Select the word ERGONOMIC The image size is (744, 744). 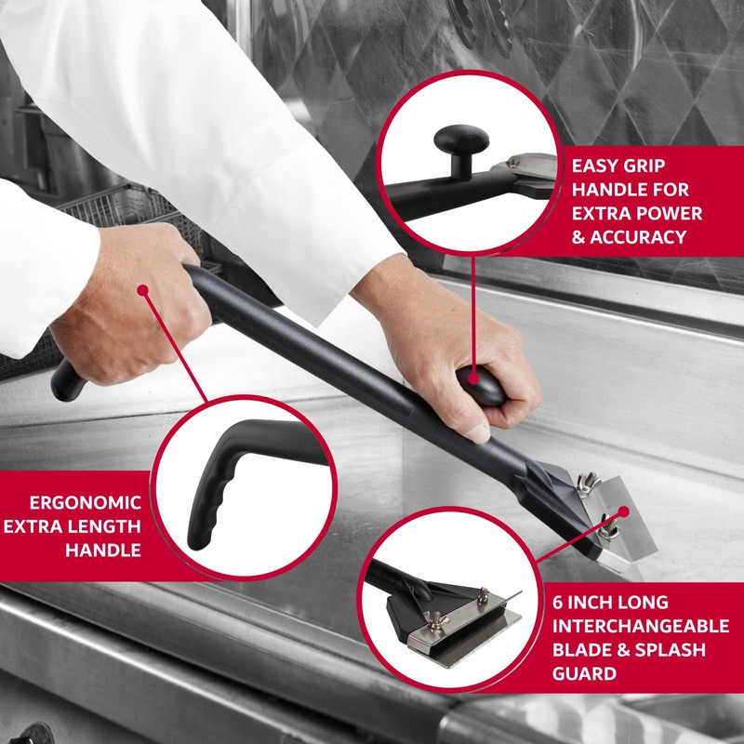pyautogui.click(x=86, y=503)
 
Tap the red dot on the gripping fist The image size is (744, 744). pyautogui.click(x=143, y=290)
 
